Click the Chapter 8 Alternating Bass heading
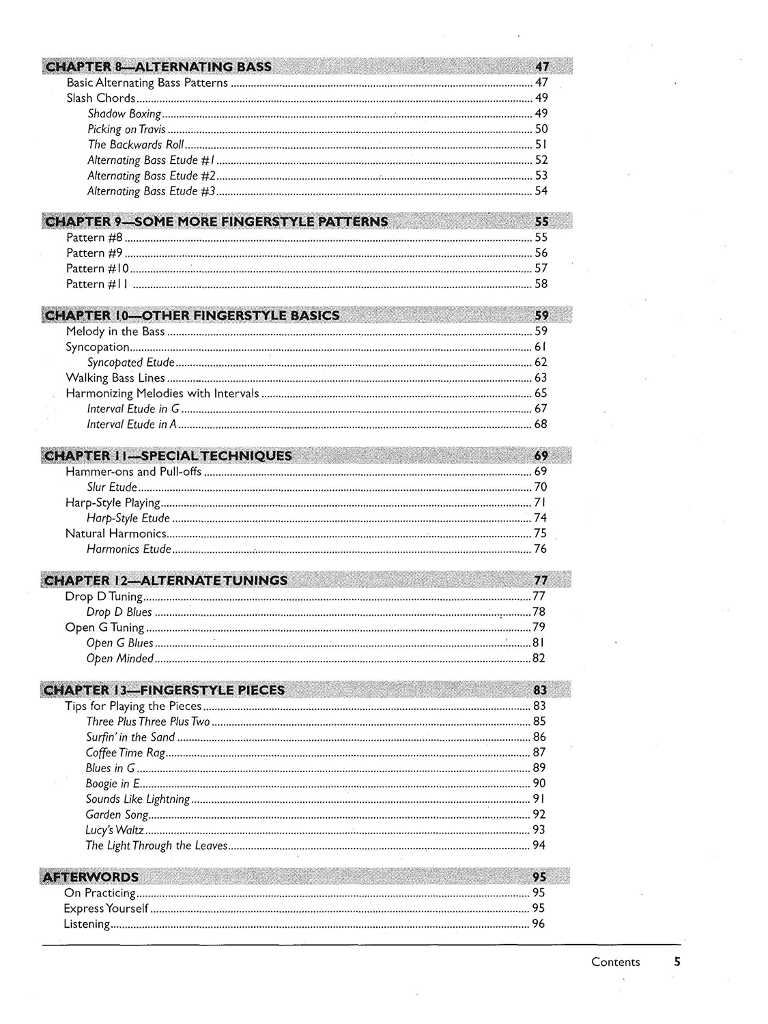157,66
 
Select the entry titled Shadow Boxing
124,114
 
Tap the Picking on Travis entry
126,129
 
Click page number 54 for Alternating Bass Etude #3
541,191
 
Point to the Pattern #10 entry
98,268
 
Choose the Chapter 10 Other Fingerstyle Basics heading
191,315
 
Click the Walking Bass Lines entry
115,378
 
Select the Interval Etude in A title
131,425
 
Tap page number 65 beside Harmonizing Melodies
541,393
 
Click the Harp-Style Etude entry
128,518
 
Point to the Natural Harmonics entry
115,534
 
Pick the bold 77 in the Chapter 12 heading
541,581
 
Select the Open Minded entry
120,659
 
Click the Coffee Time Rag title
126,752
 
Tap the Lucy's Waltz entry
115,830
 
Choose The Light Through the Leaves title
156,846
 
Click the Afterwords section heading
91,877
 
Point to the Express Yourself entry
106,909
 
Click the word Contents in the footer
615,962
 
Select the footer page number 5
677,962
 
